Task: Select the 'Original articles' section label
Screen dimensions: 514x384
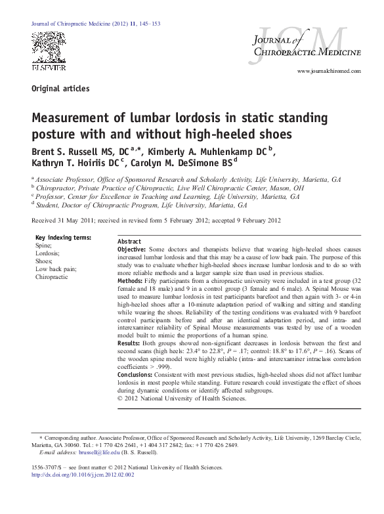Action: tap(60, 89)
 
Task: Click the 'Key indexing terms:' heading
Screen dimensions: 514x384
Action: tap(63, 237)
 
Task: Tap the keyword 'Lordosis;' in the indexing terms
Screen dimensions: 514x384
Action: tap(47, 253)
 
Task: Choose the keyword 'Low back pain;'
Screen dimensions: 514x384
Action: tap(56, 269)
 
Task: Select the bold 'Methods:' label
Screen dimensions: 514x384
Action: tap(130, 280)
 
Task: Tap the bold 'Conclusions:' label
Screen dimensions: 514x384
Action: tap(135, 374)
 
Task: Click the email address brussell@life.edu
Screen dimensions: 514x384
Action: tap(98, 452)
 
